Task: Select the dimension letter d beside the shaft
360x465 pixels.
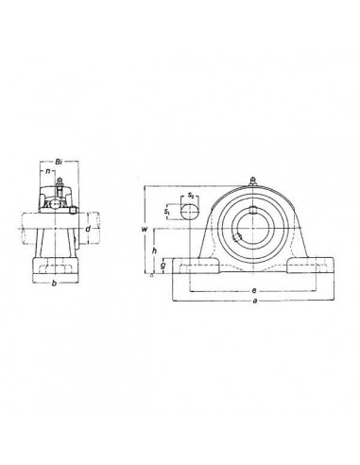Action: click(x=88, y=228)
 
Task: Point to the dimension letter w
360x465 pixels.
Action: click(x=145, y=229)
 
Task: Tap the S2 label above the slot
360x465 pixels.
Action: click(x=191, y=195)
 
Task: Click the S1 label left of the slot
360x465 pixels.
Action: click(x=168, y=212)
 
